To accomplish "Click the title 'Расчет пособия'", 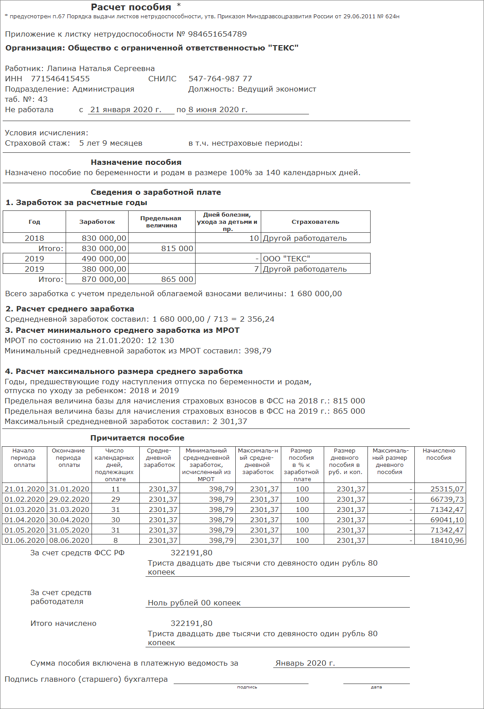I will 131,7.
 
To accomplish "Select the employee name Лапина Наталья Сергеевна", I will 101,69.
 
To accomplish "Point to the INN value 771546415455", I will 60,79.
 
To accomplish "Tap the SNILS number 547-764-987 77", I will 220,79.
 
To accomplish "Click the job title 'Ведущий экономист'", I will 277,89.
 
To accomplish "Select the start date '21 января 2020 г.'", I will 126,110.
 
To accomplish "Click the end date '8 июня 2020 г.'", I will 218,110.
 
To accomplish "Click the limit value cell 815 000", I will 177,249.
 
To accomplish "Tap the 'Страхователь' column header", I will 315,222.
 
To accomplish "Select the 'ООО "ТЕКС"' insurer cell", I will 287,259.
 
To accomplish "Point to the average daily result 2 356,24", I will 257,319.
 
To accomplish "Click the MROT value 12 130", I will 161,341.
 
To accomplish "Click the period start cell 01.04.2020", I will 25,520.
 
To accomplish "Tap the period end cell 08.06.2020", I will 69,541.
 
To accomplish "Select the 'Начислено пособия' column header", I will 439,454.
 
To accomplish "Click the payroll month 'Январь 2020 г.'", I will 305,663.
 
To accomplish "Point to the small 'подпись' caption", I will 247,687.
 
